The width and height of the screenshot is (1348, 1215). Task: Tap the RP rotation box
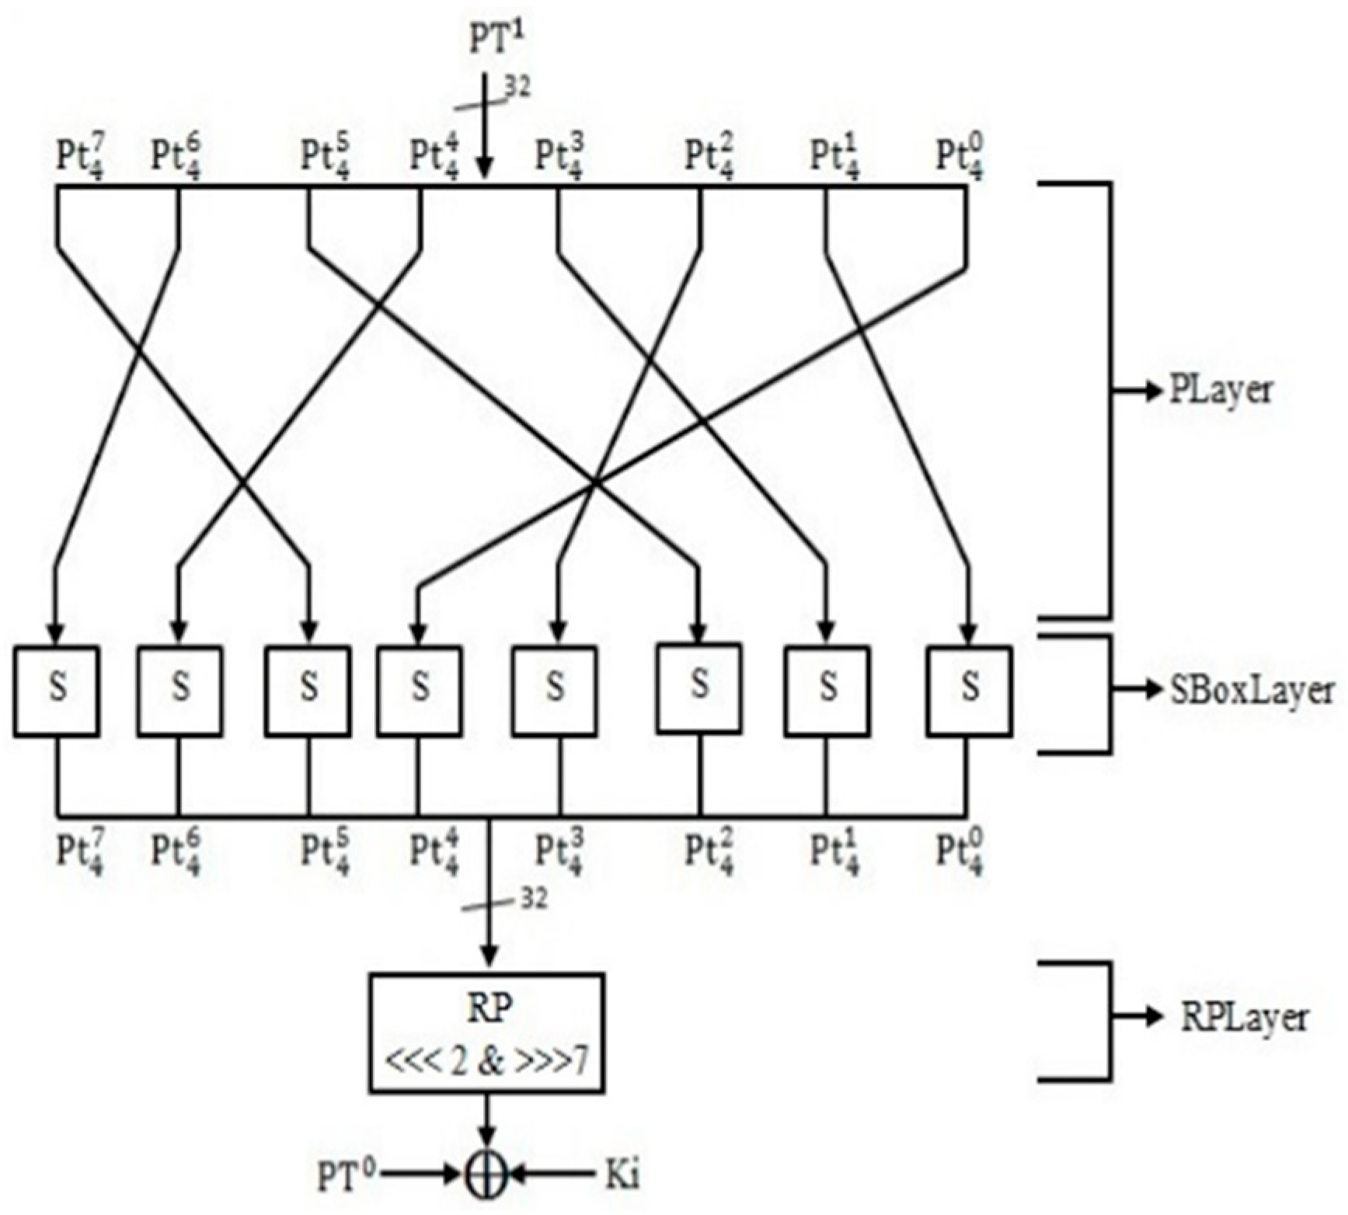point(486,1032)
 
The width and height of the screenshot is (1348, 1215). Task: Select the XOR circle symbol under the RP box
point(486,1175)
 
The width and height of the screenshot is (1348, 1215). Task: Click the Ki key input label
point(622,1175)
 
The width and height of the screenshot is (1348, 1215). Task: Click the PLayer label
point(1221,391)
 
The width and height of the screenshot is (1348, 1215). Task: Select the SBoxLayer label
point(1252,691)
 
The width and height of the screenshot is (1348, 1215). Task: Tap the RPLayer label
point(1244,1018)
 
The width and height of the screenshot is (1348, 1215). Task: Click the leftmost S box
point(56,690)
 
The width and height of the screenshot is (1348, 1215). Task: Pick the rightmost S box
point(969,690)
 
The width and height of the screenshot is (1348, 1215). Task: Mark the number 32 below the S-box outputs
point(532,899)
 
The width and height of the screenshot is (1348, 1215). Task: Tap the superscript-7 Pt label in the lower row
point(82,853)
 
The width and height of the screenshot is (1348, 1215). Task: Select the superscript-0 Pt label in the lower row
point(960,853)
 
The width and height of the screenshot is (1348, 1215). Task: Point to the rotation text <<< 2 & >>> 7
point(486,1062)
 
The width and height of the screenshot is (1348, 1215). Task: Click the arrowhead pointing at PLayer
point(1155,392)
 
